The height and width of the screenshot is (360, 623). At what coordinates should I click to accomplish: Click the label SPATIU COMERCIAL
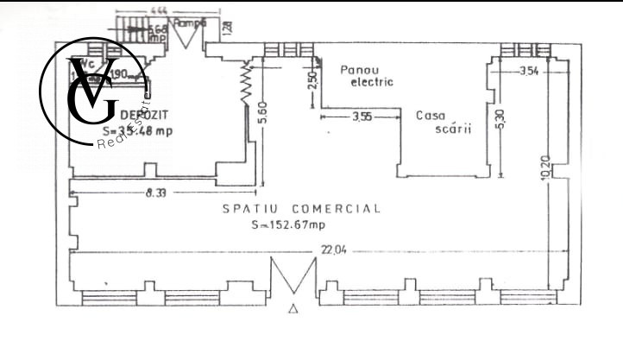(x=301, y=208)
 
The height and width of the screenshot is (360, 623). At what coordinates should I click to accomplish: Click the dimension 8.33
(x=156, y=193)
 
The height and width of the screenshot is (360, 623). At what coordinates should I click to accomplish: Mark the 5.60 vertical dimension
(x=261, y=112)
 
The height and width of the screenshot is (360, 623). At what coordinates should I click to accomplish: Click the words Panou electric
(x=367, y=76)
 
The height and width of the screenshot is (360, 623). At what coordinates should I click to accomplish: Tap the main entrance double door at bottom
(x=294, y=277)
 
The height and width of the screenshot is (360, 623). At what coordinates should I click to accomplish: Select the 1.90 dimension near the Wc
(x=119, y=74)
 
